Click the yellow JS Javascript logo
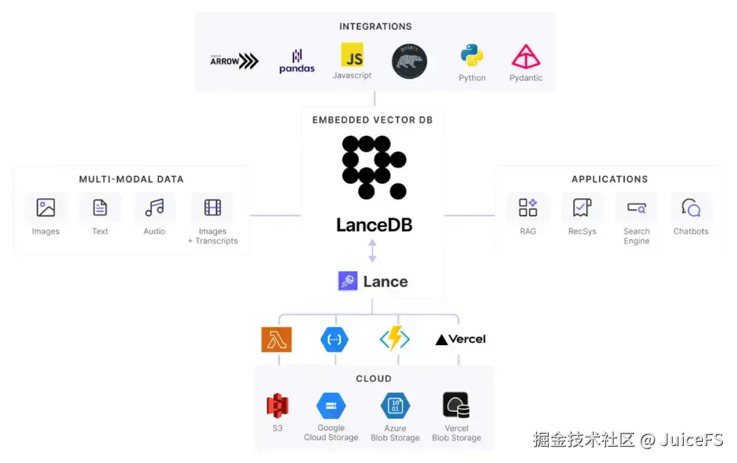tap(352, 55)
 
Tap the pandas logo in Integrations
tap(297, 61)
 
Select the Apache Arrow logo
tap(234, 61)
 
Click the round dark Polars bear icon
tap(409, 61)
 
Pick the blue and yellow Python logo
tap(472, 55)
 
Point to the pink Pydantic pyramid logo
tap(525, 57)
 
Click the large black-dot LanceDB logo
tap(373, 167)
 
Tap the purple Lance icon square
tap(348, 281)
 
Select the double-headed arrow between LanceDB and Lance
tap(373, 250)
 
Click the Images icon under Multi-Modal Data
tap(46, 207)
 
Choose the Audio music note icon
tap(154, 207)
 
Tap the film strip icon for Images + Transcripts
tap(212, 207)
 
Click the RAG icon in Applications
tap(528, 207)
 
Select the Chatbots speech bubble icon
tap(691, 207)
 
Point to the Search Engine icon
tap(636, 207)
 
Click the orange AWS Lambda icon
tap(276, 339)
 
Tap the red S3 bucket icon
tap(277, 406)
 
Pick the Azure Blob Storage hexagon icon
tap(395, 406)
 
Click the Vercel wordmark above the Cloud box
tap(461, 339)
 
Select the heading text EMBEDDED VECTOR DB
tap(373, 120)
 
